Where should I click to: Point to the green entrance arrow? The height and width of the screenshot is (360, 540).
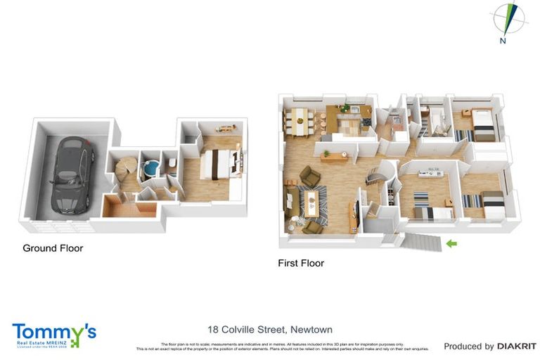[x=451, y=244]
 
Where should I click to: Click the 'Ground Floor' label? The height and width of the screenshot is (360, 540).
[x=53, y=248]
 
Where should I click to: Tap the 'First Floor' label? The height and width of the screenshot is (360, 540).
[x=301, y=264]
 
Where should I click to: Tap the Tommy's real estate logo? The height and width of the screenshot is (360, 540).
[x=54, y=334]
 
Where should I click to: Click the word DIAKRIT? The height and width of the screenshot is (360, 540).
[x=517, y=346]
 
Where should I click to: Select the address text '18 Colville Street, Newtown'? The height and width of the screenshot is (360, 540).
[x=270, y=329]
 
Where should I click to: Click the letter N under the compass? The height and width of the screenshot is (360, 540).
[x=503, y=41]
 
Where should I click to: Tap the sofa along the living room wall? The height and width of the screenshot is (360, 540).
[x=292, y=200]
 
